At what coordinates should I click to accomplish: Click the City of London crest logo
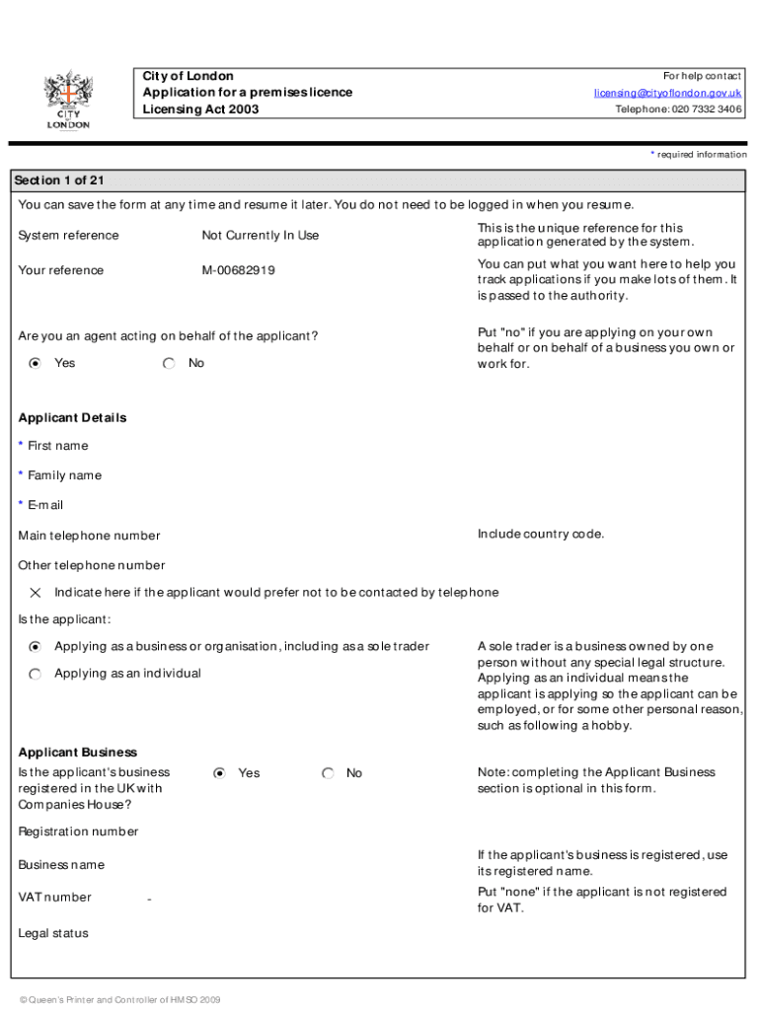67,99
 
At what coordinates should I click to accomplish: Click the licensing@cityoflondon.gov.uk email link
667,93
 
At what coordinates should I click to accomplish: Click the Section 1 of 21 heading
59,180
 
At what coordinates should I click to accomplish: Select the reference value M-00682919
239,270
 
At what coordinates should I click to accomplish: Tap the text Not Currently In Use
261,236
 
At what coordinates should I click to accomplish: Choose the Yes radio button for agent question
36,364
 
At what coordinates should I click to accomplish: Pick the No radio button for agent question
170,364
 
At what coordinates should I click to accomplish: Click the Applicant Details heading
72,418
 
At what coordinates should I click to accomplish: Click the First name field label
57,446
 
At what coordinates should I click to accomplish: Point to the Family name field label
64,475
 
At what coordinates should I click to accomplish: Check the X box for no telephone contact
36,593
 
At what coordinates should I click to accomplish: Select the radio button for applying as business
36,647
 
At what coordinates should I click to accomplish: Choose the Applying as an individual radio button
36,674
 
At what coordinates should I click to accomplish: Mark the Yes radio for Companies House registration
220,773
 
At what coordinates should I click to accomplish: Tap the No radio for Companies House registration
329,773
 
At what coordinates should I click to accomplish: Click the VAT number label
54,898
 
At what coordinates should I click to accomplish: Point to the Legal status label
53,933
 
